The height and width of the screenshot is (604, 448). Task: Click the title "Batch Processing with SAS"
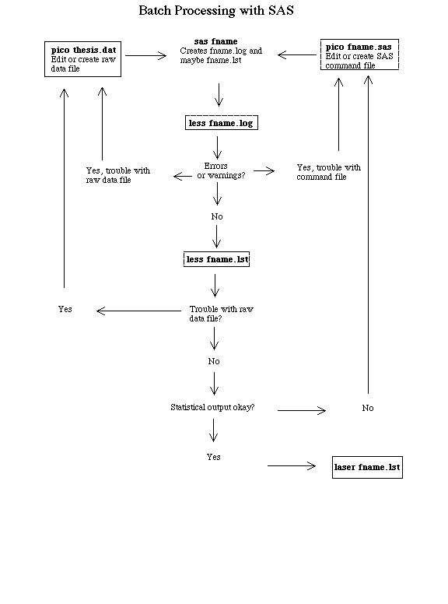(x=216, y=10)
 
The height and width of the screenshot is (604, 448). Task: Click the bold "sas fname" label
(x=215, y=41)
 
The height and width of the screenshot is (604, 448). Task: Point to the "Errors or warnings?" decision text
(x=221, y=170)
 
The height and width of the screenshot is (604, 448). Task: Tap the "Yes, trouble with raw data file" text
(x=117, y=175)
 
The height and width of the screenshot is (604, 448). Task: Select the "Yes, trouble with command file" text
(x=328, y=172)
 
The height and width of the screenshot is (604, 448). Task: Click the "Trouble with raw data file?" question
(x=221, y=314)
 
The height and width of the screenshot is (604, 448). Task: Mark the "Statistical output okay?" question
(x=212, y=407)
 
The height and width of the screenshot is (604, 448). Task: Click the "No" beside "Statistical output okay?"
(x=368, y=408)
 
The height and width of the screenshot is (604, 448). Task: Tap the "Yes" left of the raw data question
(x=65, y=309)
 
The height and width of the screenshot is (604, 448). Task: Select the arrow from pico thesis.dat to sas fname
(x=145, y=55)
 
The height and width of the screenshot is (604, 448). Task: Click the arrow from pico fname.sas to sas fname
(x=297, y=54)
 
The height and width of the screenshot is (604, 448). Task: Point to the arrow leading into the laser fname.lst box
(x=292, y=465)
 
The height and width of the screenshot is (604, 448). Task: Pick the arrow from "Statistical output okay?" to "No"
(x=302, y=411)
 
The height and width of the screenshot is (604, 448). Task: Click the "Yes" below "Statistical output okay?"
(x=213, y=457)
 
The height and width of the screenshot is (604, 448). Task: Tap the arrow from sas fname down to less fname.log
(x=219, y=94)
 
